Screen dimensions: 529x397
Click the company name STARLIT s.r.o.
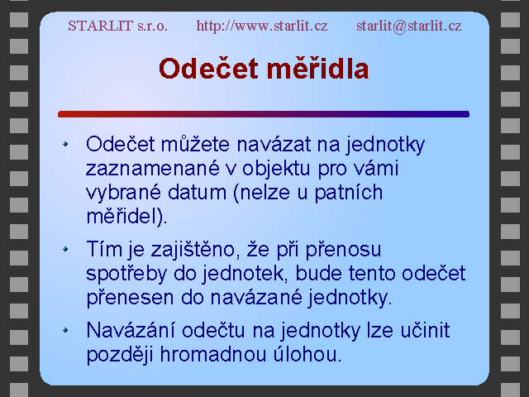click(117, 26)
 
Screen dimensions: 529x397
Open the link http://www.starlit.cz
click(262, 26)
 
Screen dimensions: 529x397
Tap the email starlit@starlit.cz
click(409, 26)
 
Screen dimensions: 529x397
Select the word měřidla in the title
click(317, 69)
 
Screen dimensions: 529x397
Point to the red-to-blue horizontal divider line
click(264, 114)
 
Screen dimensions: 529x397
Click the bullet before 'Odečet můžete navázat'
click(65, 144)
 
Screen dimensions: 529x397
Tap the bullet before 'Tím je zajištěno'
click(65, 249)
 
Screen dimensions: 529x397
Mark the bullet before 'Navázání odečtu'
click(65, 330)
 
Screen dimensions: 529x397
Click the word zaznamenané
click(153, 168)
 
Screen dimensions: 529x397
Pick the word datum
click(197, 193)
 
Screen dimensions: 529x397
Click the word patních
click(349, 194)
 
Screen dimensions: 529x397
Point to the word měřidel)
click(126, 217)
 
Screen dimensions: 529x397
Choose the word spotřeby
click(126, 275)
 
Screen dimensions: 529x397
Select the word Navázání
click(131, 330)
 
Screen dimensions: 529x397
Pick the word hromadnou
click(213, 355)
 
